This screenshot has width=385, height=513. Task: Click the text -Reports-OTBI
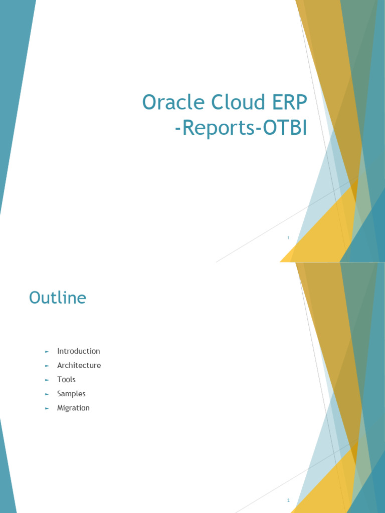(241, 128)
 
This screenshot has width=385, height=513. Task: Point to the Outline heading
(58, 298)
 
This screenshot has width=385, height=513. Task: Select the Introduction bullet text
(79, 351)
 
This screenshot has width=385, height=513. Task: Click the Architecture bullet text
(79, 365)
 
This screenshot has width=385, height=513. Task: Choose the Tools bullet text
(66, 380)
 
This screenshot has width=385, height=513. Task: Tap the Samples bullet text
(71, 394)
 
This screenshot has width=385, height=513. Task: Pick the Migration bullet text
(73, 408)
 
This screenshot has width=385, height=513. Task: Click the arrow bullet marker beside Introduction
(47, 352)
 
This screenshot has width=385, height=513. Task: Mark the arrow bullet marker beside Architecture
(47, 366)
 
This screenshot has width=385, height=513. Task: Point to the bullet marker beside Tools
(47, 380)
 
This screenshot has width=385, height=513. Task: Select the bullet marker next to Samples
(47, 394)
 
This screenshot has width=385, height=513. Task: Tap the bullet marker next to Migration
(47, 408)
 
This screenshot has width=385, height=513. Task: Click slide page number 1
(288, 238)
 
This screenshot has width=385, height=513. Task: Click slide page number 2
(288, 500)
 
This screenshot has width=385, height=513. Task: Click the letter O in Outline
(35, 298)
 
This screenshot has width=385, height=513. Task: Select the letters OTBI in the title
(284, 128)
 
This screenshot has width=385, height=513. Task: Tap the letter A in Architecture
(60, 365)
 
